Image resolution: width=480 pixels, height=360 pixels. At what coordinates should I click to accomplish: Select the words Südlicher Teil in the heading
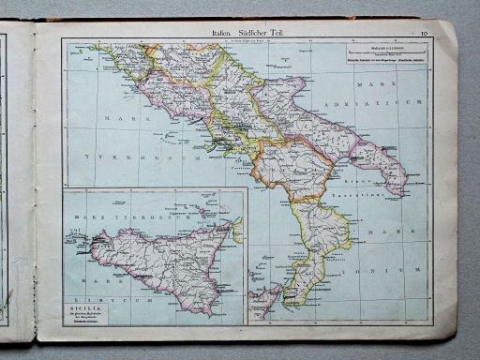click(264, 33)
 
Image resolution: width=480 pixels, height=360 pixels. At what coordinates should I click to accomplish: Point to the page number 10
click(425, 34)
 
